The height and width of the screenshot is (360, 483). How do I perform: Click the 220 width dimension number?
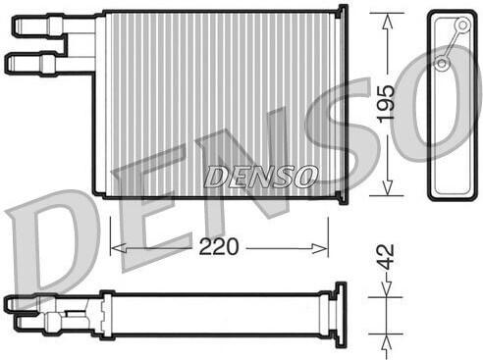pyautogui.click(x=219, y=246)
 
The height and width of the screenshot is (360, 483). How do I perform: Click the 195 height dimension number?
pyautogui.click(x=387, y=104)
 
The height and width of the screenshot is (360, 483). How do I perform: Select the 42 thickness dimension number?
pyautogui.click(x=386, y=257)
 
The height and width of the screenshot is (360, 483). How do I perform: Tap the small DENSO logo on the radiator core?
pyautogui.click(x=260, y=177)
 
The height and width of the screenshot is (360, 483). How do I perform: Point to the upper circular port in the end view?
pyautogui.click(x=462, y=25)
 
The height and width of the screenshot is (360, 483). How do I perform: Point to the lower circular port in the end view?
pyautogui.click(x=442, y=63)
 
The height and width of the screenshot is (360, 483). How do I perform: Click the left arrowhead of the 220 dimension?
pyautogui.click(x=118, y=248)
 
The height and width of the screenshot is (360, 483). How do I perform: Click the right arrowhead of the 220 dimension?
pyautogui.click(x=319, y=248)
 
